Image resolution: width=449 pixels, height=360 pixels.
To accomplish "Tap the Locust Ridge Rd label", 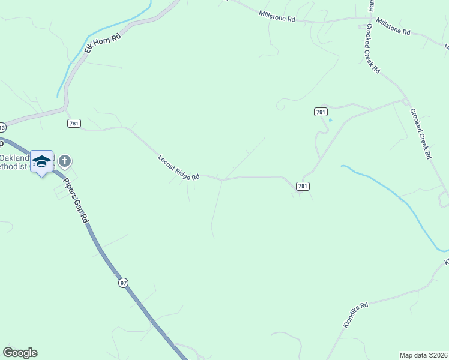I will click(x=178, y=168).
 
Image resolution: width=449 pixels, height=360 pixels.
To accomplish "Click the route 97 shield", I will click(x=123, y=283).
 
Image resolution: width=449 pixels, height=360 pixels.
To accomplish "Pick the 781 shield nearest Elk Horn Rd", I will click(x=74, y=123).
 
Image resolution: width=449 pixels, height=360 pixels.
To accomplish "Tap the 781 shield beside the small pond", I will click(x=320, y=112).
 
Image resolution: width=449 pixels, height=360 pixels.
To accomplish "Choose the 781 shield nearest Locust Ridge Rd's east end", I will click(x=303, y=187).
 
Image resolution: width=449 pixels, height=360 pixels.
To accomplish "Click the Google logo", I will click(x=20, y=353).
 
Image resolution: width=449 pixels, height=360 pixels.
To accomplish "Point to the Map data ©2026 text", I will click(x=423, y=355).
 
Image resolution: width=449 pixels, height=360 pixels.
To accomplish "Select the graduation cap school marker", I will click(x=41, y=161).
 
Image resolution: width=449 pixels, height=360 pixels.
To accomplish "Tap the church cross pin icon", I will click(x=65, y=161).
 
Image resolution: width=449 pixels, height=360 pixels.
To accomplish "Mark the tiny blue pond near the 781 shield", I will click(x=330, y=120).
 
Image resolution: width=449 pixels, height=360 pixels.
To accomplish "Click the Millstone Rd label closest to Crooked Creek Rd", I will click(x=393, y=27).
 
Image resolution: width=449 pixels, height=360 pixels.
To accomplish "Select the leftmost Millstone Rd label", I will click(x=277, y=16).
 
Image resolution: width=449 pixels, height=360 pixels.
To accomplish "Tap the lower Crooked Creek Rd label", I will click(x=421, y=133).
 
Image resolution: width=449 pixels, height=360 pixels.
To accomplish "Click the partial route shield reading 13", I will click(x=2, y=127).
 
